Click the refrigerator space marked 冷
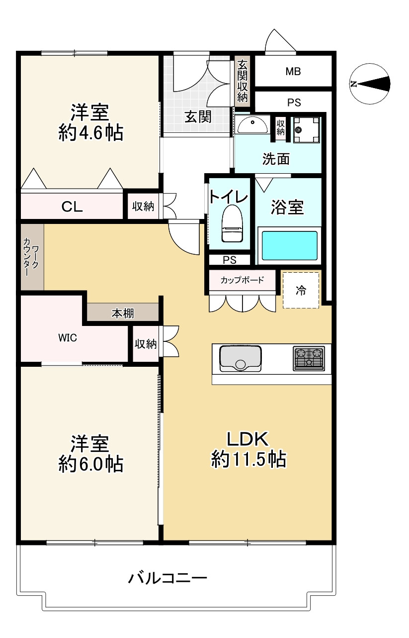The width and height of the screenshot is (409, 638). click(301, 290)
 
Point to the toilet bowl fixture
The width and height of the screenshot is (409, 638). click(231, 224)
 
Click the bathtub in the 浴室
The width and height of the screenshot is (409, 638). click(289, 245)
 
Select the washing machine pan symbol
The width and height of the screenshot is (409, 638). click(305, 129)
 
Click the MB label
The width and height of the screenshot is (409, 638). click(293, 71)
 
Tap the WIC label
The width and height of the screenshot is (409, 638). click(68, 338)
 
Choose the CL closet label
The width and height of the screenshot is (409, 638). click(72, 206)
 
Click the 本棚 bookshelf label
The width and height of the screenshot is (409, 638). click(122, 314)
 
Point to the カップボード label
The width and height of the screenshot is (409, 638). click(242, 279)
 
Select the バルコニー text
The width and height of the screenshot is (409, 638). click(167, 578)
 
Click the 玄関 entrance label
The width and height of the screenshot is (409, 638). click(198, 116)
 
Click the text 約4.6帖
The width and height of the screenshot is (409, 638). click(90, 133)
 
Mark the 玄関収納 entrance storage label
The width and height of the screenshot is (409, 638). click(243, 81)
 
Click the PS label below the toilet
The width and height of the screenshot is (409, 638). click(229, 260)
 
